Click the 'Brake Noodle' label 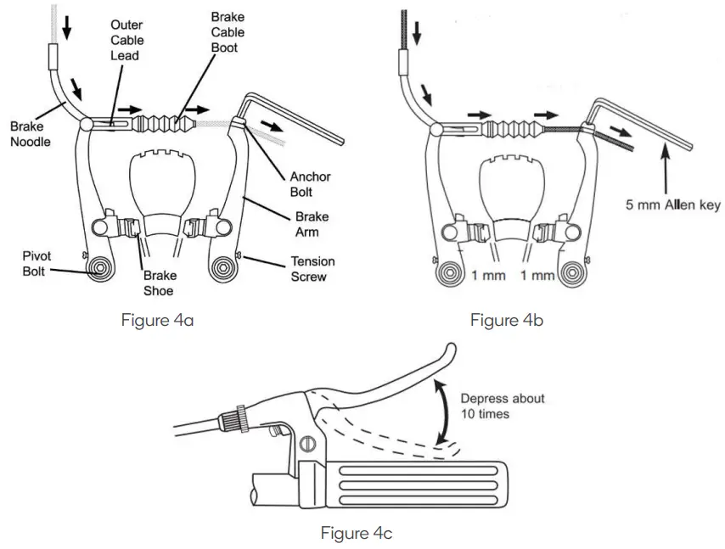coord(31,134)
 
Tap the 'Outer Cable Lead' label coord(126,40)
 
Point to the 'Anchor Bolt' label coord(310,184)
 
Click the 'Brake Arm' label coord(312,224)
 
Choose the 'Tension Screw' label coord(312,268)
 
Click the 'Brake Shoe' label coord(159,283)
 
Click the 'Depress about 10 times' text coord(503,406)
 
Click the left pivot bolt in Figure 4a coord(101,270)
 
